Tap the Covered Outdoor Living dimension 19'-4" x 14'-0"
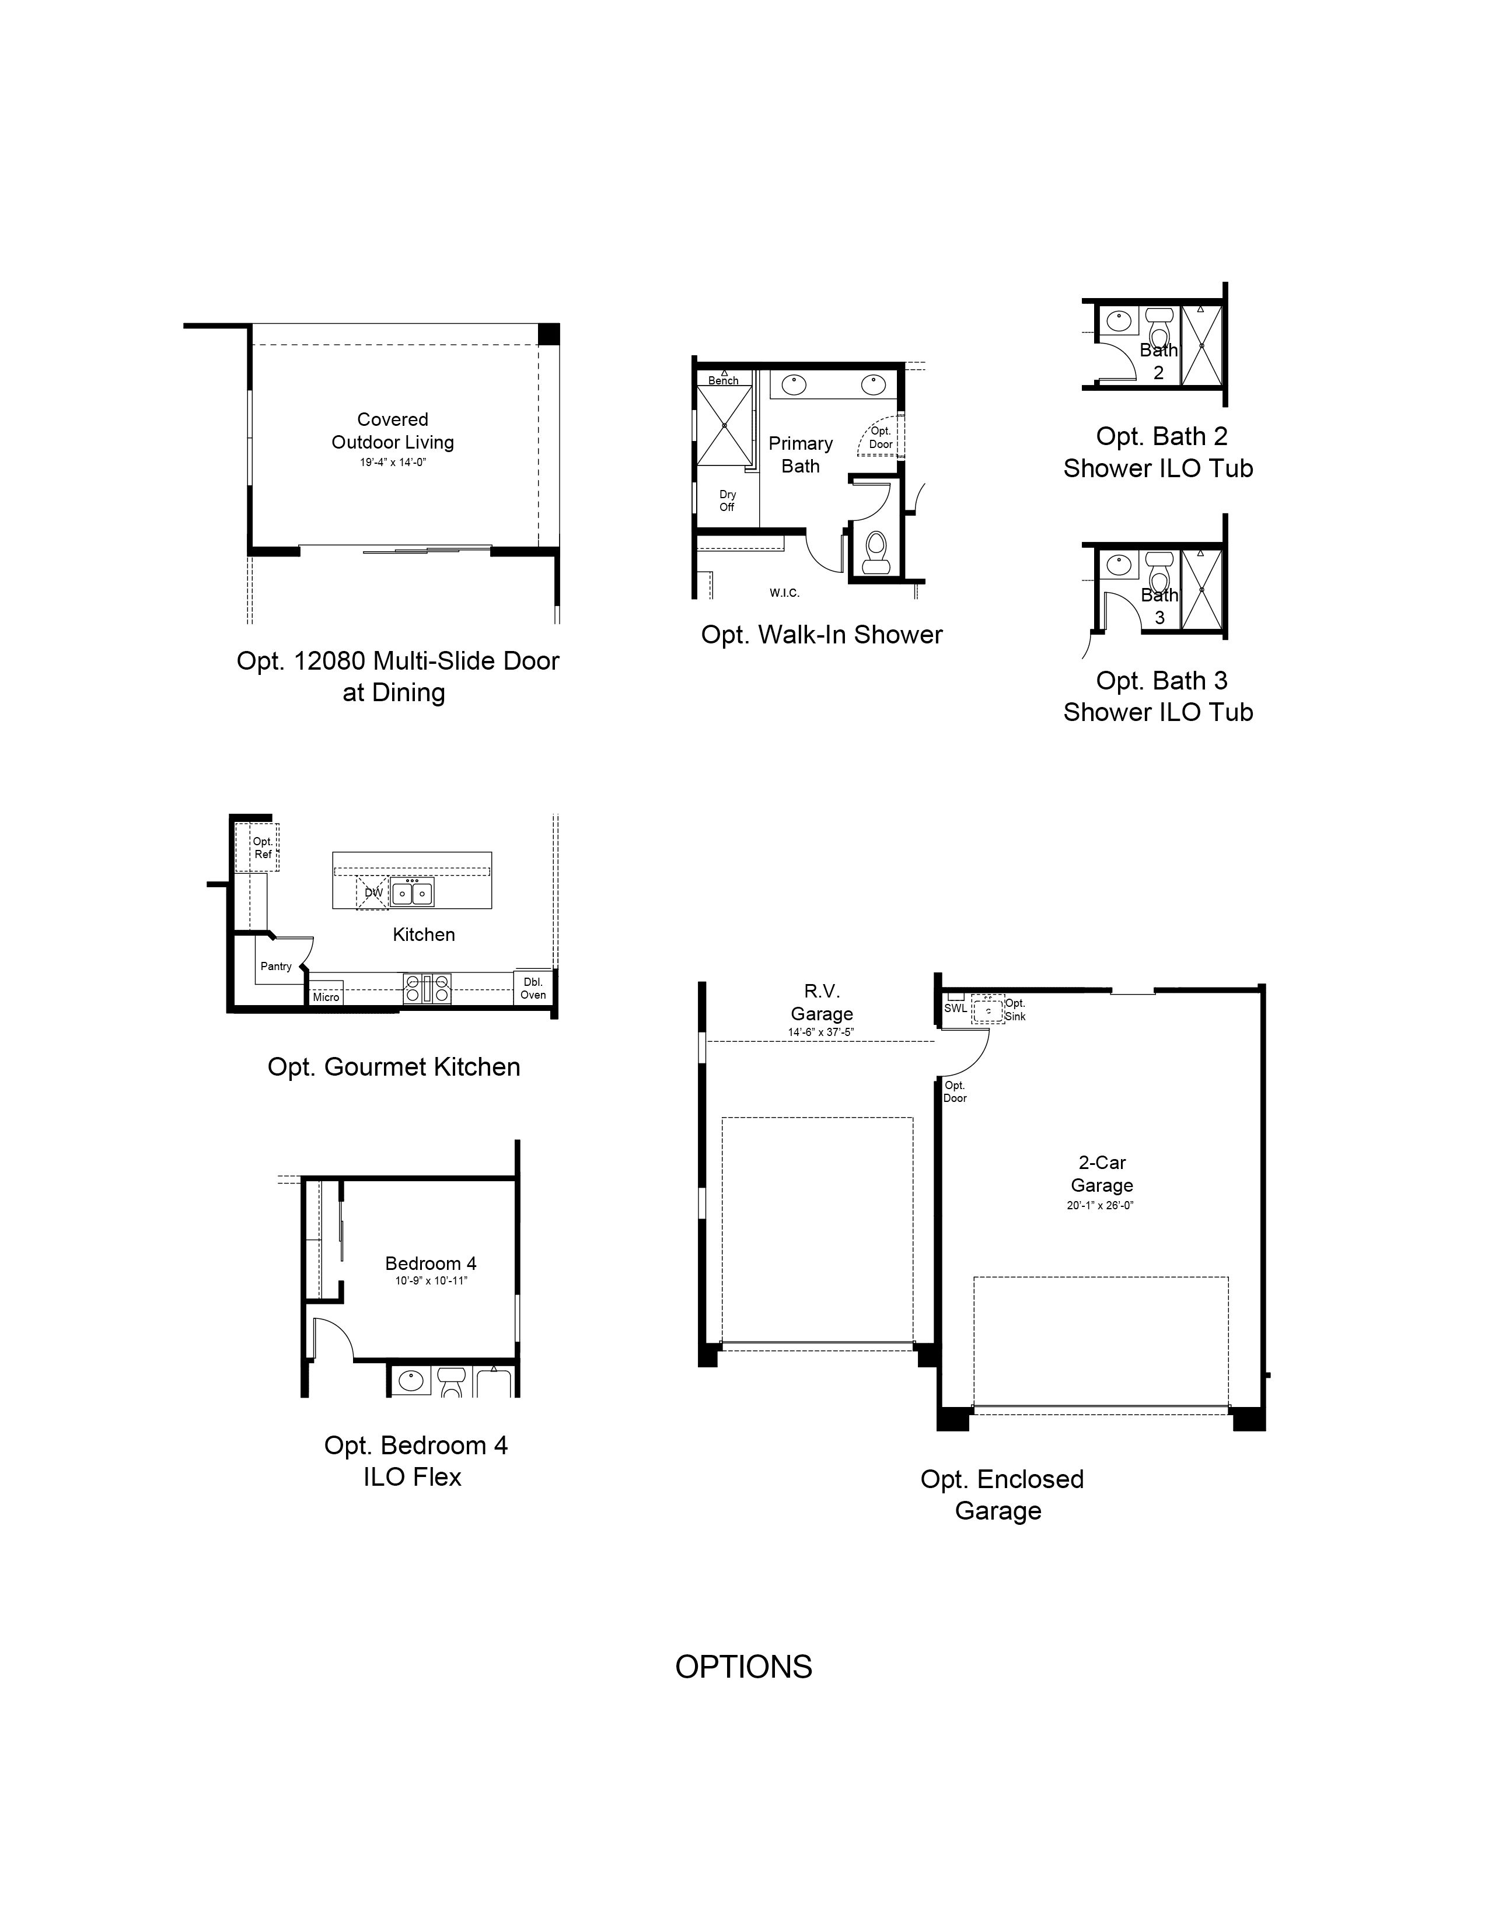pyautogui.click(x=392, y=462)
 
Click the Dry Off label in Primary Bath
pyautogui.click(x=727, y=501)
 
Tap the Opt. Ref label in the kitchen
pyautogui.click(x=263, y=848)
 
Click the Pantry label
pyautogui.click(x=276, y=966)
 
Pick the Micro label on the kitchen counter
pyautogui.click(x=325, y=997)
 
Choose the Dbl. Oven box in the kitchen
pyautogui.click(x=533, y=988)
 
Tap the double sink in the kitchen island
pyautogui.click(x=411, y=894)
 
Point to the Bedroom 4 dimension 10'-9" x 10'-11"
pyautogui.click(x=431, y=1280)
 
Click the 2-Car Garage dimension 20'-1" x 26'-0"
pyautogui.click(x=1100, y=1206)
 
